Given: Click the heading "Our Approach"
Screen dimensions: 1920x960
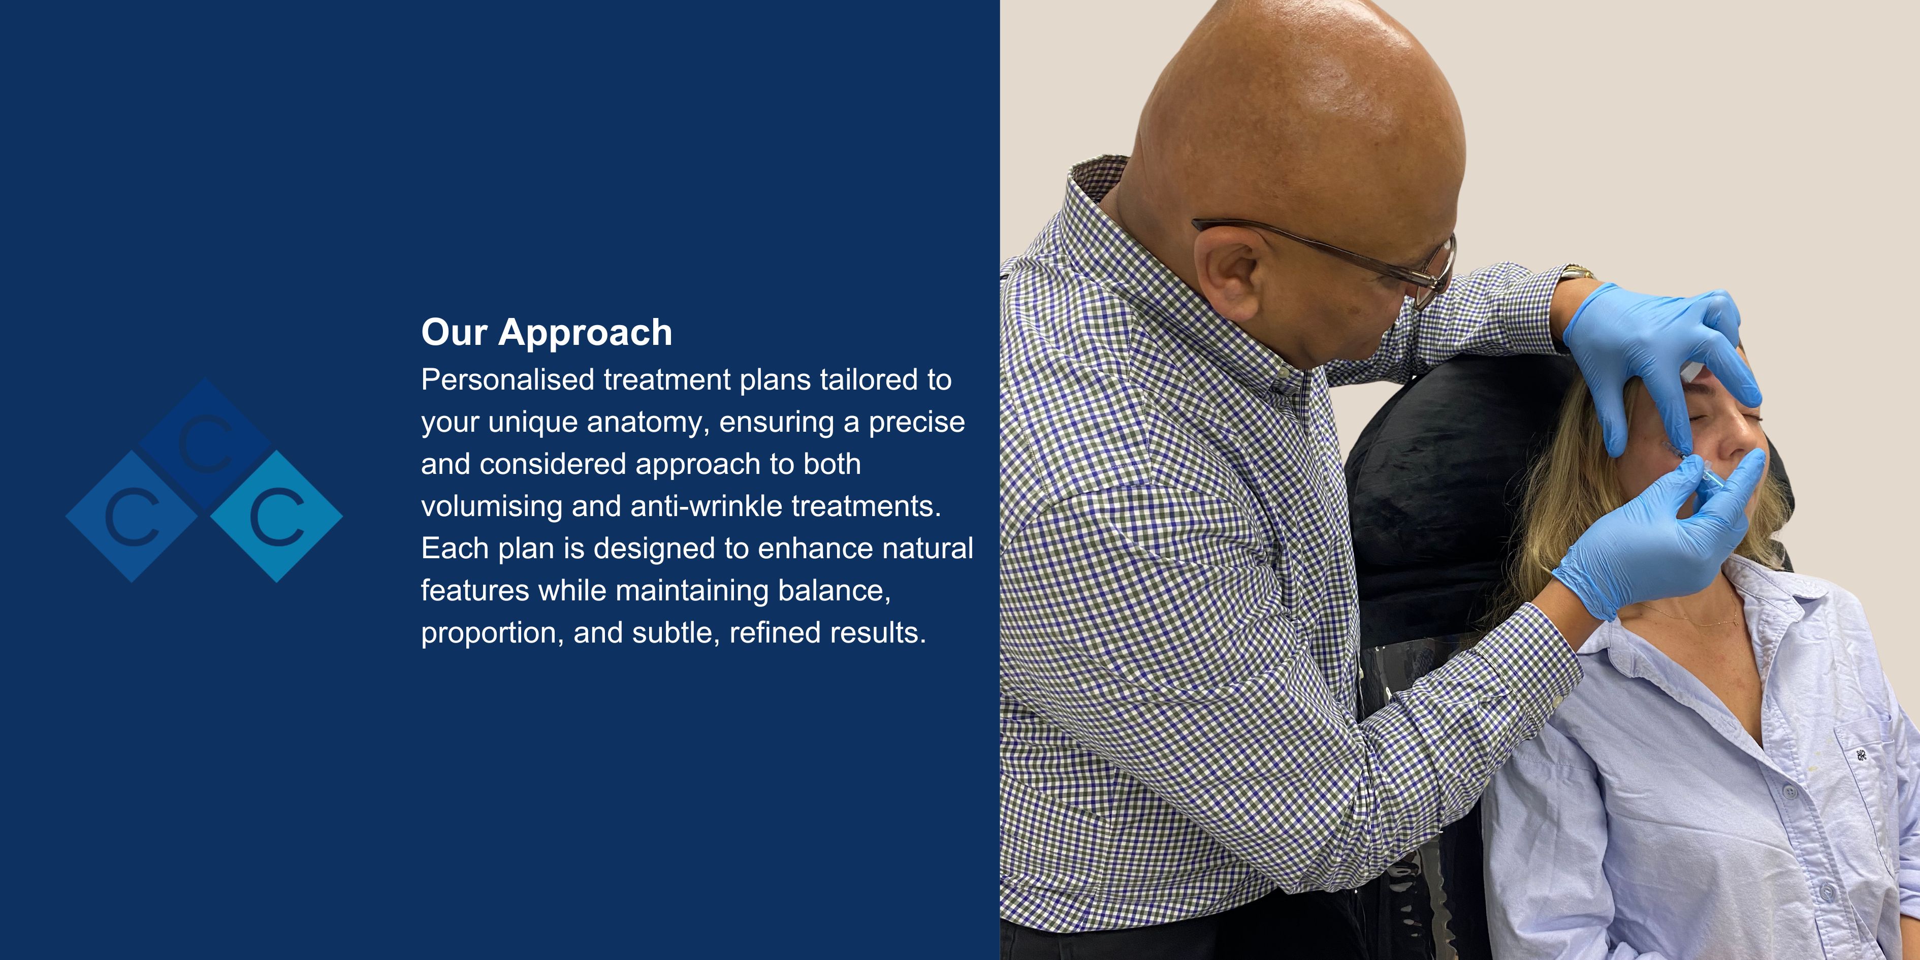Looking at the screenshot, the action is [x=547, y=332].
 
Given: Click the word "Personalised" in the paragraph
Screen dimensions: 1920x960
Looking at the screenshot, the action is [x=507, y=379].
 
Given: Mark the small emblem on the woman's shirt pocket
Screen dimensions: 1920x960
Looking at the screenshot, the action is [x=1861, y=755].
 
